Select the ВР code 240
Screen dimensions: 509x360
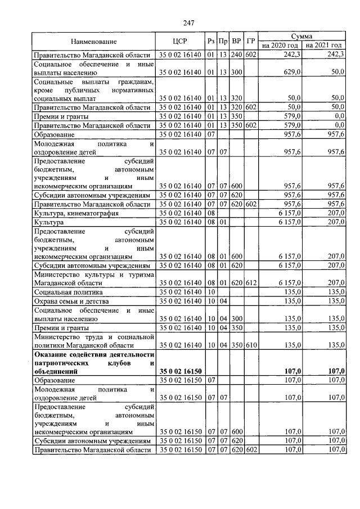click(236, 55)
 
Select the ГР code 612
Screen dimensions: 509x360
click(251, 283)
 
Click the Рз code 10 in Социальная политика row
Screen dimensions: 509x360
click(211, 292)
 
